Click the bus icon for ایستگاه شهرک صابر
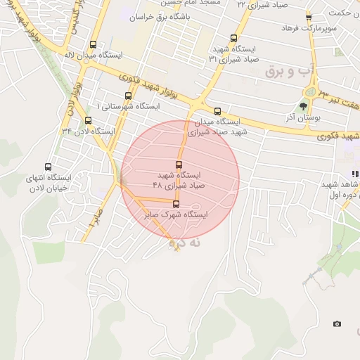pos(176,205)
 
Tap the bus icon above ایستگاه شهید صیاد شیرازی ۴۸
pos(179,164)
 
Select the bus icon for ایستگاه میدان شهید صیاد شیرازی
pos(217,110)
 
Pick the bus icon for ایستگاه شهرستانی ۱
pos(127,96)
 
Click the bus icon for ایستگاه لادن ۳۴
pos(88,120)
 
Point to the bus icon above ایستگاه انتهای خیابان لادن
pos(48,167)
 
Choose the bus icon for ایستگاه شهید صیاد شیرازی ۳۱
pos(234,39)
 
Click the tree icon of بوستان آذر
pos(303,106)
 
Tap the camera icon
pos(337,323)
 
